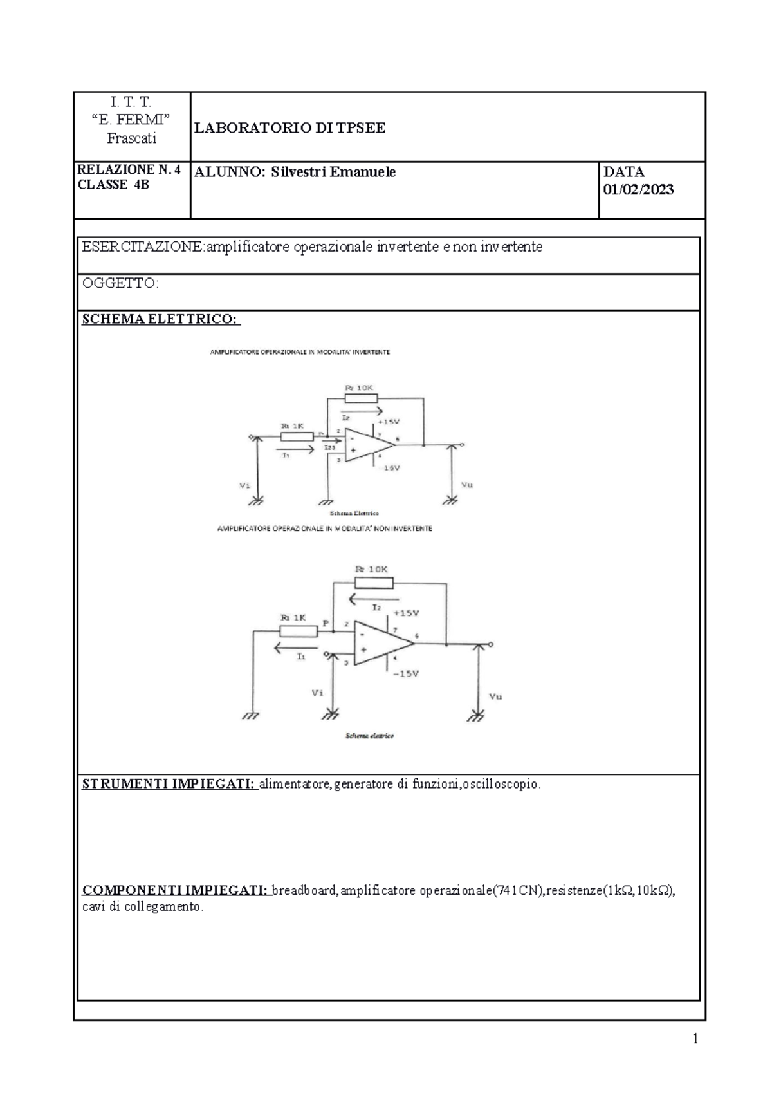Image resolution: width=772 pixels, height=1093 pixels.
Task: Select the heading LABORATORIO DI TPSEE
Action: coord(290,128)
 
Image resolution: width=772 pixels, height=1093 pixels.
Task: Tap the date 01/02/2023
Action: coord(638,189)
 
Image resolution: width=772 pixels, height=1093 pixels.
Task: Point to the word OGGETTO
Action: coord(120,283)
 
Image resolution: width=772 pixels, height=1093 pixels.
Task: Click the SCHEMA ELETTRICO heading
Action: coord(161,320)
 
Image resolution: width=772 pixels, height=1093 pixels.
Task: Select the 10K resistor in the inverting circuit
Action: coord(361,398)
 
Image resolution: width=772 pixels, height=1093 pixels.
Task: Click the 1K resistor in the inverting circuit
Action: coord(297,437)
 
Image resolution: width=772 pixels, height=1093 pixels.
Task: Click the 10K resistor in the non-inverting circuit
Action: coord(373,583)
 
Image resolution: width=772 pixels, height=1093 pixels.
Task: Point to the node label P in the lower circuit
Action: coord(326,623)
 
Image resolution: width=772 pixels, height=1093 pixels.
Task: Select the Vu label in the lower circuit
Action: coord(495,696)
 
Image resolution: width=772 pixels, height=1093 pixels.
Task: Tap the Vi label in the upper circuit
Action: coord(244,485)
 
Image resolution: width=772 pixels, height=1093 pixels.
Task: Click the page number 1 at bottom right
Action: coord(695,1038)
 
